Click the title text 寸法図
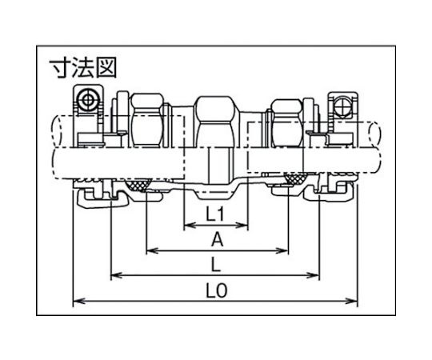(83, 67)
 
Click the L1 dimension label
(216, 214)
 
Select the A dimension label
(217, 239)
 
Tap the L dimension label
(216, 264)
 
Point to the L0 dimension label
(217, 290)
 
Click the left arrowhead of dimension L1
(190, 226)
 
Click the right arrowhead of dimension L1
(242, 226)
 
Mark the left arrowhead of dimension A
(152, 250)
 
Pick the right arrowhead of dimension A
(282, 250)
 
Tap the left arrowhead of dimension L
(117, 275)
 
